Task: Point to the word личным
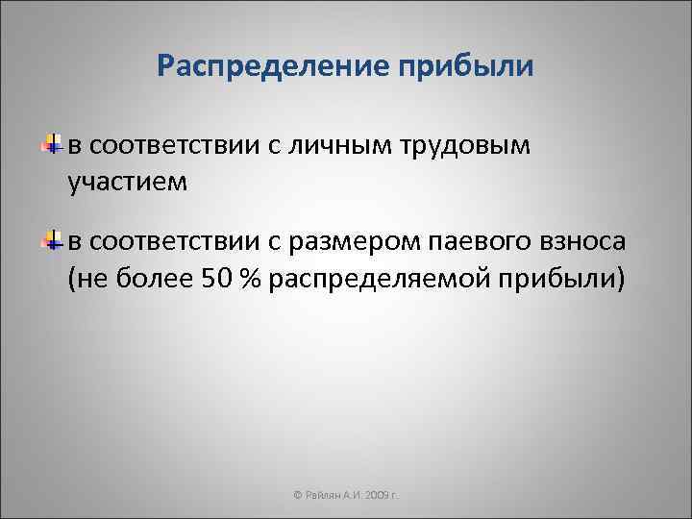click(349, 146)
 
